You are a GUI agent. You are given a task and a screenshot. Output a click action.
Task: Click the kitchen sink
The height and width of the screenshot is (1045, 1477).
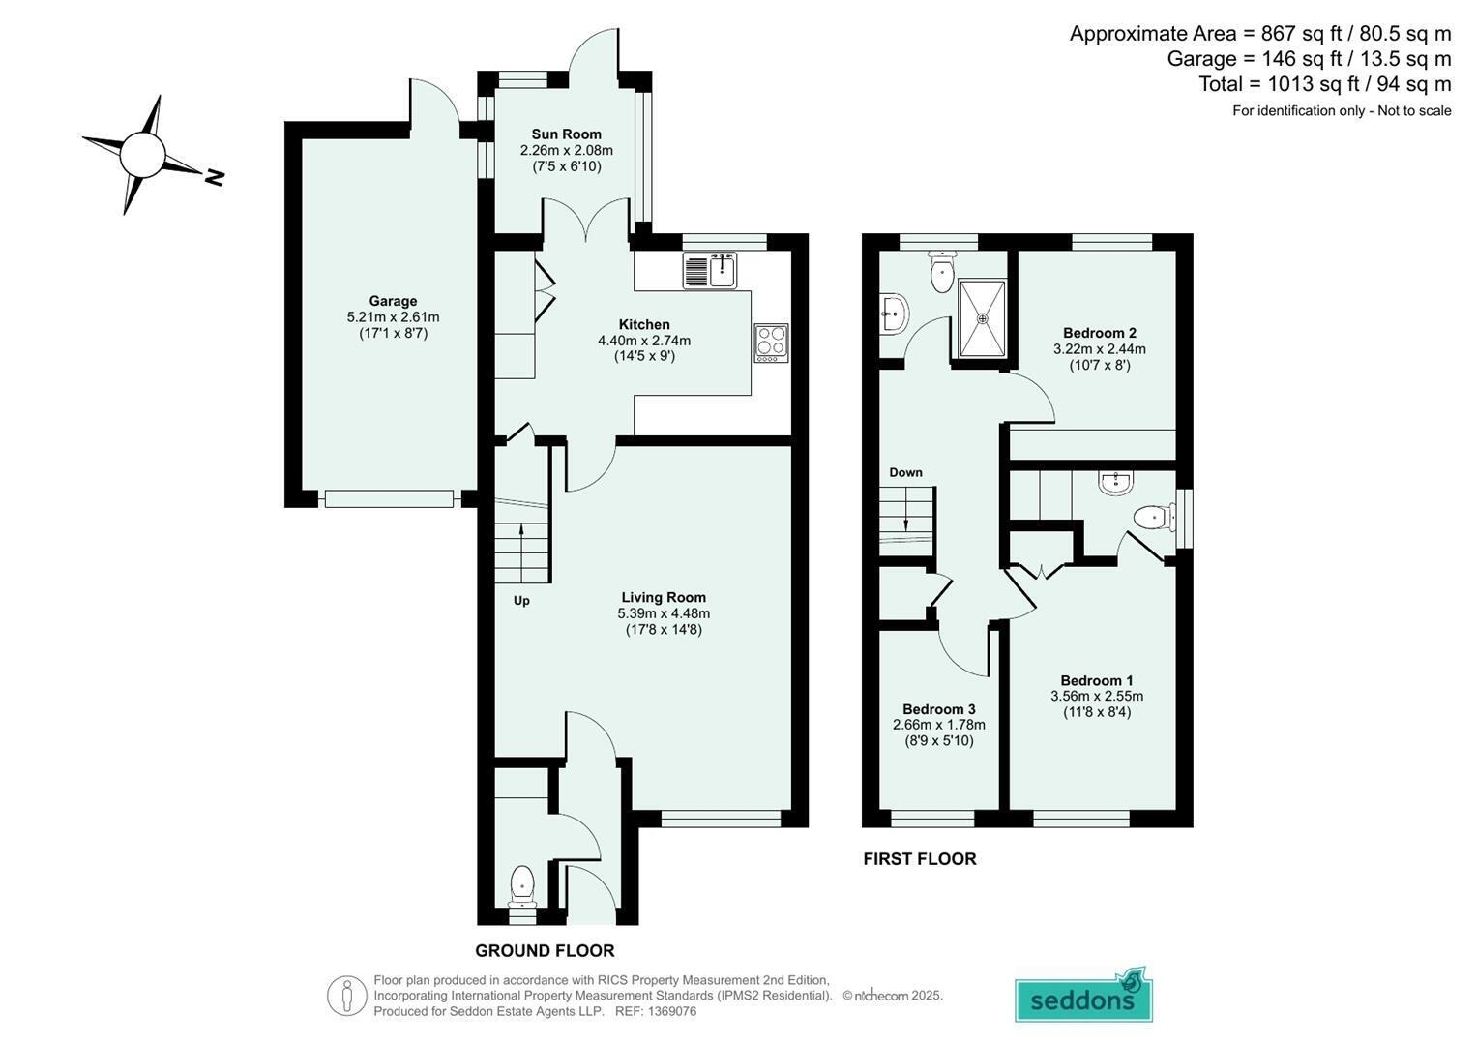click(x=710, y=271)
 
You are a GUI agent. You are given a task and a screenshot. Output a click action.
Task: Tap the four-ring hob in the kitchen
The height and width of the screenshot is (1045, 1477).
click(x=772, y=343)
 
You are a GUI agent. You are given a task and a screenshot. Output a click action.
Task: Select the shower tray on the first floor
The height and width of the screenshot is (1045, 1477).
click(x=983, y=318)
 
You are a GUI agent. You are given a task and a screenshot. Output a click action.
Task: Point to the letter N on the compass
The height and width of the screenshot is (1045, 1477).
click(x=215, y=177)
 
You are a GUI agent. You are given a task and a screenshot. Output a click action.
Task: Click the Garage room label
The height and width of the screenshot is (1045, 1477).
click(x=393, y=301)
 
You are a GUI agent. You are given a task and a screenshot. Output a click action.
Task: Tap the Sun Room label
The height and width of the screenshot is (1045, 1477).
click(x=567, y=134)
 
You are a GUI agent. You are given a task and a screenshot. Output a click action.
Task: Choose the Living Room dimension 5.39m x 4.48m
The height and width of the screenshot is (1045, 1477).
click(x=664, y=613)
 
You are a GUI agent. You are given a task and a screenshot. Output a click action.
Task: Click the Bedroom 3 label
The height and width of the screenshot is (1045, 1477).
click(x=939, y=709)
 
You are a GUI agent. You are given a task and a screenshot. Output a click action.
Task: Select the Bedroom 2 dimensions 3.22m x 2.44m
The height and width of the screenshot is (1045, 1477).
click(x=1100, y=349)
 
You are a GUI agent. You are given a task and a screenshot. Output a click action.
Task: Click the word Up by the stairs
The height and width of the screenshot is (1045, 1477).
click(x=521, y=601)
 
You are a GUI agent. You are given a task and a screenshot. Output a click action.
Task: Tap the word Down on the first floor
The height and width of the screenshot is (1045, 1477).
click(x=906, y=472)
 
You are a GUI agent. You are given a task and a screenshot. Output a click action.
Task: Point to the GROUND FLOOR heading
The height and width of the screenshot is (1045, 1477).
click(x=545, y=950)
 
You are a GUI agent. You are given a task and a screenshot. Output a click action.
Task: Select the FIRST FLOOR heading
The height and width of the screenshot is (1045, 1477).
click(x=920, y=859)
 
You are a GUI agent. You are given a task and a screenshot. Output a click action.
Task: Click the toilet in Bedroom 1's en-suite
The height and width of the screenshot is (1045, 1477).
click(x=1155, y=518)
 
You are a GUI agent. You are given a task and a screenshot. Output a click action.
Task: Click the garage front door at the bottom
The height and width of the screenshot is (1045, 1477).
click(x=389, y=498)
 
